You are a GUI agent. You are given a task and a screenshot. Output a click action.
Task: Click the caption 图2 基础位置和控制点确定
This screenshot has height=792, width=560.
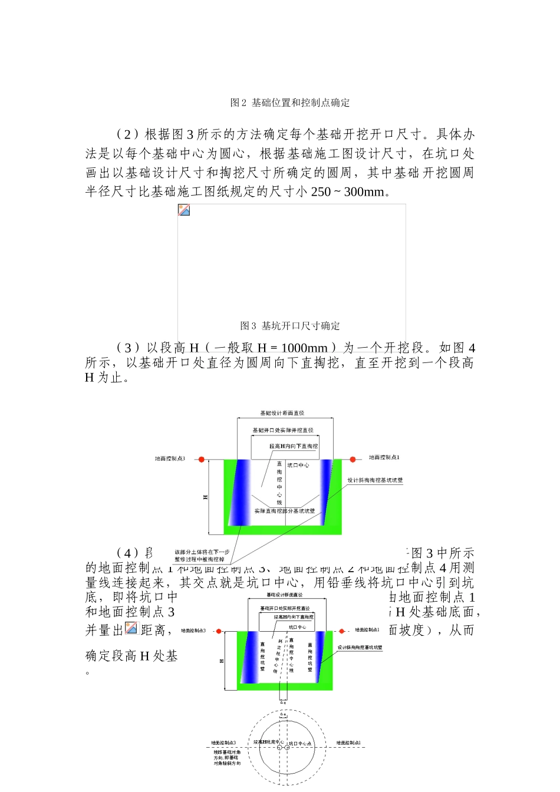[290, 103]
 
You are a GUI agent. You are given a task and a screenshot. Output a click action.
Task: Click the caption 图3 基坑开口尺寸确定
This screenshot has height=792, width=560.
[290, 326]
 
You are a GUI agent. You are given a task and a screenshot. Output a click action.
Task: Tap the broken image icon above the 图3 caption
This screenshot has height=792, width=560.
[184, 210]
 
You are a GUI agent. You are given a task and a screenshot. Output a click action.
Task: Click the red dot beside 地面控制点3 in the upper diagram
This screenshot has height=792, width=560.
[202, 459]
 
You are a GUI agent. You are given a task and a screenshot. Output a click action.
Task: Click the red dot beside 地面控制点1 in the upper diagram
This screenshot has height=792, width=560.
[353, 459]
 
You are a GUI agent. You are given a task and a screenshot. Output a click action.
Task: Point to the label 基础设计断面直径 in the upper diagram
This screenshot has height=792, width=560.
[282, 413]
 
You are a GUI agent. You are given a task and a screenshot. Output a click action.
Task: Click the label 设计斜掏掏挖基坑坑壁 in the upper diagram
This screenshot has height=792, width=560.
[375, 480]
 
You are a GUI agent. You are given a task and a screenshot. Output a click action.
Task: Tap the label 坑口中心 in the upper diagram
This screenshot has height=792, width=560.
[298, 466]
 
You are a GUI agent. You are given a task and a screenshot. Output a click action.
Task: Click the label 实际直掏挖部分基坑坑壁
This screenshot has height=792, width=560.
[285, 511]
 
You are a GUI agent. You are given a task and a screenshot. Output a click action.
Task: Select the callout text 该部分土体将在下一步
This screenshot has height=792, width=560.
[202, 552]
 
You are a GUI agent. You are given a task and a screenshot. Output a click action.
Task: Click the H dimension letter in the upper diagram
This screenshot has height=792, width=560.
[206, 497]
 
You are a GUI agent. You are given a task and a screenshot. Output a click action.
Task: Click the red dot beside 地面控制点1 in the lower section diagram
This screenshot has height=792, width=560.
[342, 631]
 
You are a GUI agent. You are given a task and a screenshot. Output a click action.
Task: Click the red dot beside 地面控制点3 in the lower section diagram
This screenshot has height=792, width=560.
[219, 631]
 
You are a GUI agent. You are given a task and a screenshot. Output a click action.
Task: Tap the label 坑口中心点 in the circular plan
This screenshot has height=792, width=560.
[300, 744]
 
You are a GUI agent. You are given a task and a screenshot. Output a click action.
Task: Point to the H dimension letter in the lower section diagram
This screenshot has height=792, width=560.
[222, 661]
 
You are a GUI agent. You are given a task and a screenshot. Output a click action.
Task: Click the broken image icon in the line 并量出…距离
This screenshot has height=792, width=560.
[131, 628]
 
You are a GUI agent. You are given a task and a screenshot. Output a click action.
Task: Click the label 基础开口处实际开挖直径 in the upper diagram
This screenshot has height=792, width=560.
[283, 430]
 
